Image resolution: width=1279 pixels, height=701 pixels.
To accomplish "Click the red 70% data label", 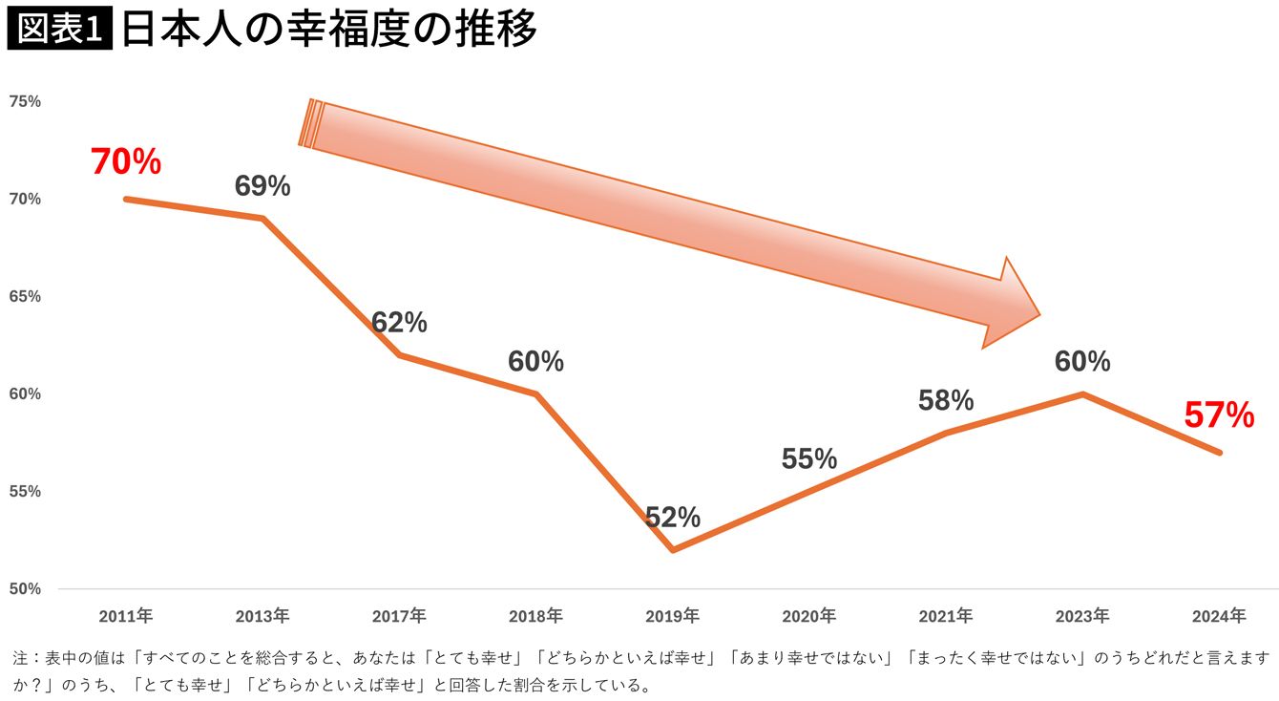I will [126, 162].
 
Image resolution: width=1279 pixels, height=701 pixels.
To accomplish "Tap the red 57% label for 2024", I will [1219, 415].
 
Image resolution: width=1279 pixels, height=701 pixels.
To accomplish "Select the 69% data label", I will [262, 186].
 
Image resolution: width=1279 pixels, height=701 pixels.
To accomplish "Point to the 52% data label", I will [673, 518].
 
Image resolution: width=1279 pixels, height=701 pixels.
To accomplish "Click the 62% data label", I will [399, 323].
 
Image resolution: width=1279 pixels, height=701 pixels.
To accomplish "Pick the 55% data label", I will [809, 459].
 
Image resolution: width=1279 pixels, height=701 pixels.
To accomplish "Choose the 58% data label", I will [946, 401].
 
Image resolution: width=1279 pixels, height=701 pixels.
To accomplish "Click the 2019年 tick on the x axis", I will [673, 616].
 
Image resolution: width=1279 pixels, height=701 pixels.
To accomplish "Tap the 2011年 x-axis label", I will [126, 616].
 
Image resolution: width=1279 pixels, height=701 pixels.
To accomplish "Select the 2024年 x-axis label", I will [1219, 616].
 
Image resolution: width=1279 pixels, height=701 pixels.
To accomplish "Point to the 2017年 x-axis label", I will [399, 616].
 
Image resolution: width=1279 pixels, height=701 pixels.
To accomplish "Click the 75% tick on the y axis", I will [26, 101].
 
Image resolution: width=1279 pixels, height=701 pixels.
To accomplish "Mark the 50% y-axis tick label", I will [26, 589].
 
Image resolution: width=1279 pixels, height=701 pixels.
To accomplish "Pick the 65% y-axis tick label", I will [26, 297].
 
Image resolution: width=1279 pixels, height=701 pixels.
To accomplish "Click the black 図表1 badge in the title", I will [60, 30].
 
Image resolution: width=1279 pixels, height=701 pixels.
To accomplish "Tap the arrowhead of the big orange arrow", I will [1012, 304].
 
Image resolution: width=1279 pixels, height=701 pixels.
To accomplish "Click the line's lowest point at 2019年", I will [673, 550].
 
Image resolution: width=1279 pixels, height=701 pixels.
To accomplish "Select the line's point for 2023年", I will [1082, 393].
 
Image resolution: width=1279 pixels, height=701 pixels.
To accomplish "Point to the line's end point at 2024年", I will [1219, 452].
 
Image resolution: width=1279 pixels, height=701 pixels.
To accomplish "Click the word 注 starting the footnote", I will [20, 659].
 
